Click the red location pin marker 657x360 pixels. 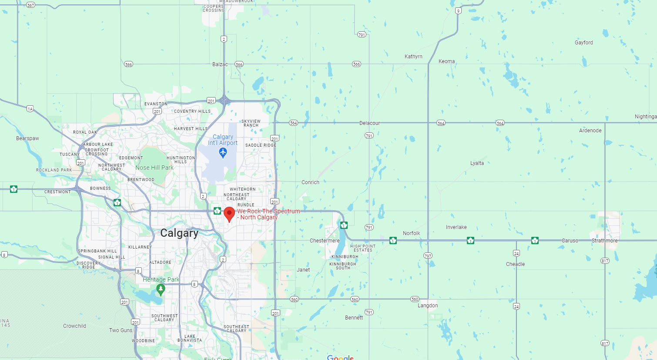(229, 214)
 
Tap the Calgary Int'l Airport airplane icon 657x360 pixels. (223, 153)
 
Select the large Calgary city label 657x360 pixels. (179, 233)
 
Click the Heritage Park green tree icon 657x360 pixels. (161, 289)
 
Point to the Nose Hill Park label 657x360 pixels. (154, 168)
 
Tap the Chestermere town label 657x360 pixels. (325, 241)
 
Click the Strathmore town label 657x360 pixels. (604, 241)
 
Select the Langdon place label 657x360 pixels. (428, 306)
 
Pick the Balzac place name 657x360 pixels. (220, 64)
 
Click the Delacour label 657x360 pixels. (369, 123)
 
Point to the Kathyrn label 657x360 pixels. (413, 57)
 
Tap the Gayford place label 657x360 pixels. (583, 43)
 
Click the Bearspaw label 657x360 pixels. (27, 138)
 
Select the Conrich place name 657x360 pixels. (310, 182)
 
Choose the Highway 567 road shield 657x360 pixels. (30, 5)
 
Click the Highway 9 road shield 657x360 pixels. (458, 11)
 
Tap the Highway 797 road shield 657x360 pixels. (428, 256)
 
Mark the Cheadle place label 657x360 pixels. (515, 264)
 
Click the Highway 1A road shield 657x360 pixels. (30, 109)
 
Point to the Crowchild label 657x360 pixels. (74, 326)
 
